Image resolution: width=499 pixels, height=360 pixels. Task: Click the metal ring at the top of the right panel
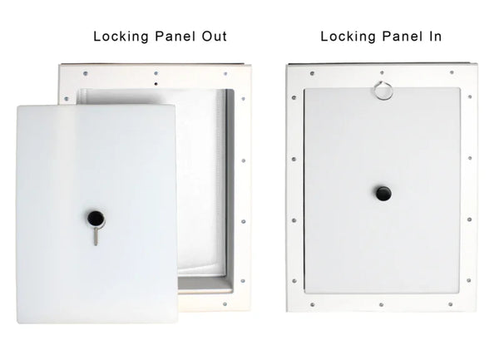click(x=383, y=91)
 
